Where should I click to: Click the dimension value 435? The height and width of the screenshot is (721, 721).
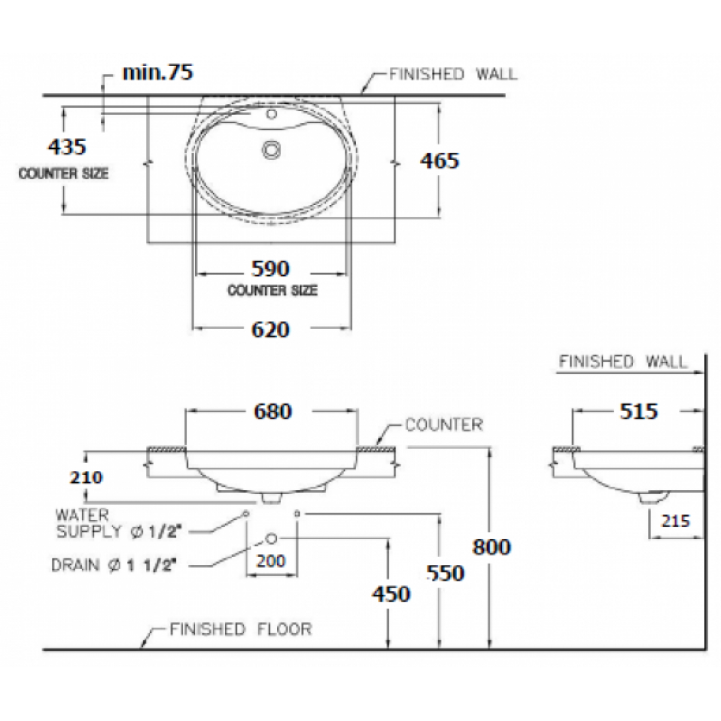pos(67,147)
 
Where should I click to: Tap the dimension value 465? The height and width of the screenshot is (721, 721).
pos(440,161)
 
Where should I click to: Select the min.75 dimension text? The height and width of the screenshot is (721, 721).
pos(157,72)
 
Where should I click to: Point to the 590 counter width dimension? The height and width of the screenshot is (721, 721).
pos(271,269)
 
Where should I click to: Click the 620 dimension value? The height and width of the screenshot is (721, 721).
pos(271,329)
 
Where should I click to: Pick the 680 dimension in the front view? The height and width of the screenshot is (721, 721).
pos(273,411)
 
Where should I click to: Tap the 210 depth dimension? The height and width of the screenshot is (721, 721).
pos(86,478)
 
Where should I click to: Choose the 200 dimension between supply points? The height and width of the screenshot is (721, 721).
pos(271,560)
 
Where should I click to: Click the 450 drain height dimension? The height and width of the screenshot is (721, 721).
pos(392,594)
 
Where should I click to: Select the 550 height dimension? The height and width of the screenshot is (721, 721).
pos(446,573)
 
